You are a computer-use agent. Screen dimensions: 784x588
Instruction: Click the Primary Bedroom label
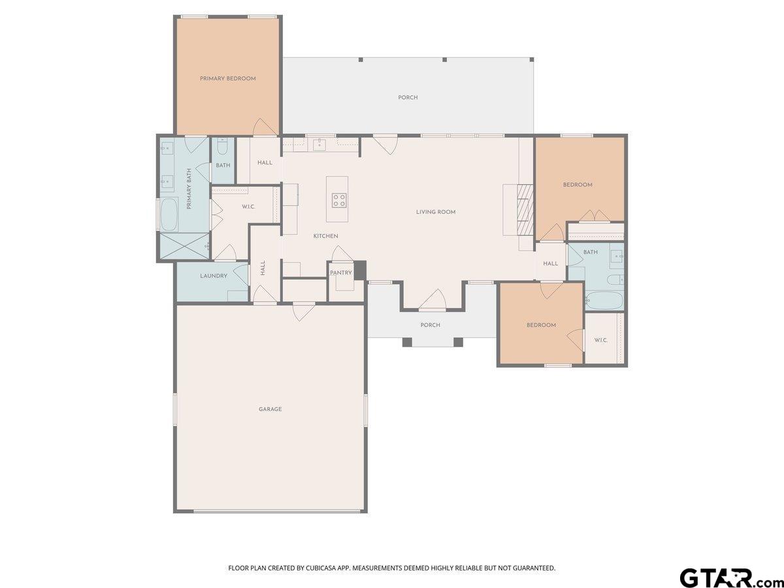(227, 78)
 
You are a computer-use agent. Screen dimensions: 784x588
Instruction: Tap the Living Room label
(436, 212)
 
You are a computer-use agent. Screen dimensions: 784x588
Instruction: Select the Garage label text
(270, 409)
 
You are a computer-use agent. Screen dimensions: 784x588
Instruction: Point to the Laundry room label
(214, 276)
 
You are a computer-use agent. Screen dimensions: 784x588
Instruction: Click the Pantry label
(341, 272)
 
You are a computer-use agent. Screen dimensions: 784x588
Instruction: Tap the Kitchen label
(326, 236)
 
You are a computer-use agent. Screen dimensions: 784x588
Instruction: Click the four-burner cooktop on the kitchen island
(339, 201)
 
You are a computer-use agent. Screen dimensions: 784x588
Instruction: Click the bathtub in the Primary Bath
(169, 214)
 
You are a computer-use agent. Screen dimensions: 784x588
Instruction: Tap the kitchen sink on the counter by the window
(319, 144)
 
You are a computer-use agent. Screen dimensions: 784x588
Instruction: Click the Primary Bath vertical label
(189, 189)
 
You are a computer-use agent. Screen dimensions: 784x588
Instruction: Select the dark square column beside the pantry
(360, 270)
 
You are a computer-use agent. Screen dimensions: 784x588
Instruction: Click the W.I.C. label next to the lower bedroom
(601, 340)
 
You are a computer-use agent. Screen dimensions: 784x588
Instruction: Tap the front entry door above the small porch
(433, 300)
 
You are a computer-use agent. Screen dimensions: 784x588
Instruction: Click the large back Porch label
(408, 97)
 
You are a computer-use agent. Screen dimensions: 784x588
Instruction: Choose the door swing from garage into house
(304, 312)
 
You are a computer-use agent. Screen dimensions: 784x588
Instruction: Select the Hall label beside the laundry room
(263, 268)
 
